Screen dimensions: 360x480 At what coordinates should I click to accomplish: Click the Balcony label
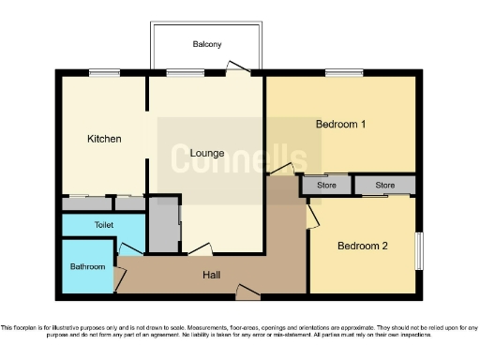[207, 44]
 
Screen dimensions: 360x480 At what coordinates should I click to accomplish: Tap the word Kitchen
[104, 139]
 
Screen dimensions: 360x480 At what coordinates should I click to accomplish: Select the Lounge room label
[205, 152]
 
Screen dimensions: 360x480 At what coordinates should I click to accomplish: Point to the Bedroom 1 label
[340, 124]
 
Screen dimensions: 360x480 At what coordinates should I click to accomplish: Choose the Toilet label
[103, 226]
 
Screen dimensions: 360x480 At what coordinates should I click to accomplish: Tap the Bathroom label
[88, 266]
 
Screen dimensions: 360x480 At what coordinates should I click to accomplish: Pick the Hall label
[213, 276]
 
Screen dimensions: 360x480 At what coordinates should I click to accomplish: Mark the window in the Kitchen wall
[104, 73]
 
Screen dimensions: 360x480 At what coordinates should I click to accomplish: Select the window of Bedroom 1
[344, 73]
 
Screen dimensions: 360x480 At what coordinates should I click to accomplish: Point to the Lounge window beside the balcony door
[180, 73]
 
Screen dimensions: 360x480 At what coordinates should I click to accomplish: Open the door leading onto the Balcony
[238, 67]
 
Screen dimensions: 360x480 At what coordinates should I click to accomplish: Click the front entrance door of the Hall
[247, 295]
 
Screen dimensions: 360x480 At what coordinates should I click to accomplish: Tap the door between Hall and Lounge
[200, 250]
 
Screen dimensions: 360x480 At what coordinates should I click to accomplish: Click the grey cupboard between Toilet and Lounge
[165, 225]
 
